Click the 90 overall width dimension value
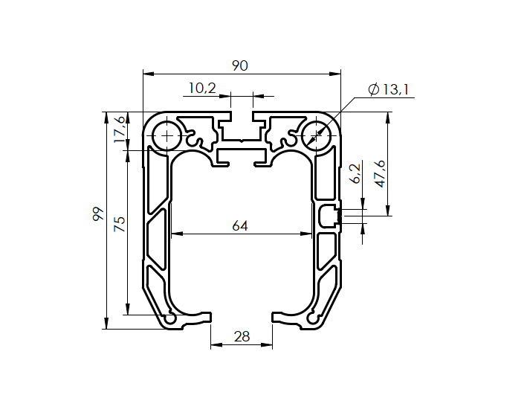(239, 66)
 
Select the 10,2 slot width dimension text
(201, 89)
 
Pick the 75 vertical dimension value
(118, 224)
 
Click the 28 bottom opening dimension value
(242, 336)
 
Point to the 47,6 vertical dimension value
(380, 173)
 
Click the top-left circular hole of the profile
(166, 136)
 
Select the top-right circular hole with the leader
(317, 136)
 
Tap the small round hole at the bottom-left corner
(171, 318)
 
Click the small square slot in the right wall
(328, 216)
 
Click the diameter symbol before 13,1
(373, 90)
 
